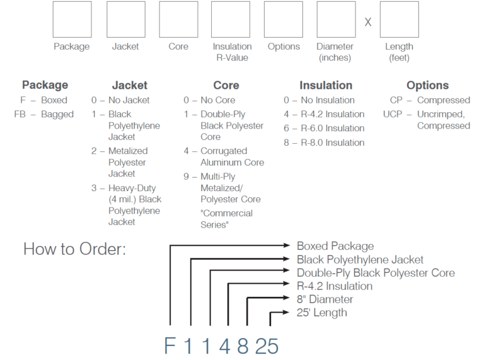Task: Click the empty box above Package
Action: coord(72,20)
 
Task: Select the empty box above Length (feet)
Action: coord(399,20)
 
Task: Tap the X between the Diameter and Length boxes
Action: coord(368,21)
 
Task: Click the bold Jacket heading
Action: coord(129,85)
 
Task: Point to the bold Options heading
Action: coord(427,85)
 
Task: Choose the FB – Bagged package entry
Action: coord(44,114)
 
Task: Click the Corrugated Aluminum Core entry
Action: coord(223,156)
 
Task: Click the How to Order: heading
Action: coord(74,248)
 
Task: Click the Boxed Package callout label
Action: coord(335,246)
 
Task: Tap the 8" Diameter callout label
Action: coord(325,299)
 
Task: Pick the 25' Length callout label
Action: coord(321,312)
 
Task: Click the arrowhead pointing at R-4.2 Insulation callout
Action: coord(291,286)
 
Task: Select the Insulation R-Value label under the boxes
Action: coord(232,52)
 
